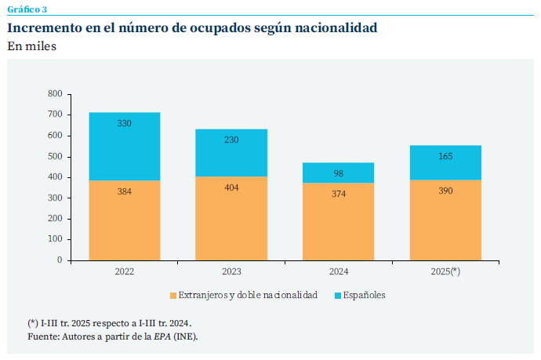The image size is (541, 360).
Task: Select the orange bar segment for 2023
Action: click(x=231, y=218)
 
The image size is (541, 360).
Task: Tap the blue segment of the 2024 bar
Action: click(x=339, y=173)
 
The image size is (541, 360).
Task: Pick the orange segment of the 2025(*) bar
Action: click(x=445, y=220)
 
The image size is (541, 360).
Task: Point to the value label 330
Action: click(x=124, y=124)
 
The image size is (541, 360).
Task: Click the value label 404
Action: click(x=231, y=187)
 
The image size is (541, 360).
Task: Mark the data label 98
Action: click(x=339, y=173)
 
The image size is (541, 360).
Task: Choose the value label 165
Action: click(x=445, y=157)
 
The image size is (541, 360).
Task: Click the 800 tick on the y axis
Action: click(x=54, y=94)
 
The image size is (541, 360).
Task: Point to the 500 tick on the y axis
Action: click(x=54, y=157)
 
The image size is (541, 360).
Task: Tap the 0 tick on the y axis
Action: click(x=59, y=260)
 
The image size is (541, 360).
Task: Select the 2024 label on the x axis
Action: click(x=339, y=271)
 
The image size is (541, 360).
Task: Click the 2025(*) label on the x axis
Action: click(x=445, y=271)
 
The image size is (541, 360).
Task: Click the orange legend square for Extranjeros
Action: click(x=173, y=296)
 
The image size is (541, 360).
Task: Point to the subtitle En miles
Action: click(x=31, y=46)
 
